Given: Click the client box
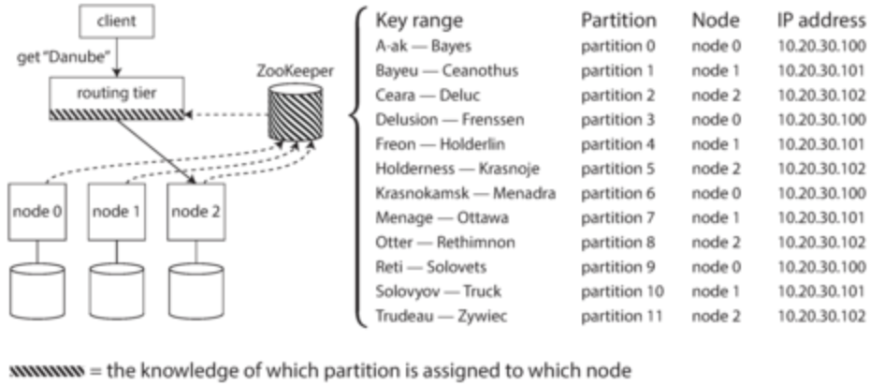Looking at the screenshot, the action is click(x=117, y=22).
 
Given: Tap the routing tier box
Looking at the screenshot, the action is click(x=117, y=98).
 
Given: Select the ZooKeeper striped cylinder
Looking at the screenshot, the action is click(x=296, y=112).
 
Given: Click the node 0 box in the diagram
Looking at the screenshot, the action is click(x=37, y=212).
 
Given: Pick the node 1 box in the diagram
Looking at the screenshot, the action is click(x=117, y=212).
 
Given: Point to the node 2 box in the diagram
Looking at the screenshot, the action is click(x=196, y=212).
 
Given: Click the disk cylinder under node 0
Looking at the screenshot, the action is click(x=37, y=291).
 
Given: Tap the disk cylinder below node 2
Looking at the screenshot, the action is click(x=196, y=291).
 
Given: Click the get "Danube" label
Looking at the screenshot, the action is click(x=64, y=58).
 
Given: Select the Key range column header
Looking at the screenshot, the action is click(x=419, y=21).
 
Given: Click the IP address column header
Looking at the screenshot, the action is click(x=821, y=21).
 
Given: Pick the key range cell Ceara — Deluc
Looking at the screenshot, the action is click(x=428, y=95).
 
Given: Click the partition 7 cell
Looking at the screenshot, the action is click(x=617, y=217).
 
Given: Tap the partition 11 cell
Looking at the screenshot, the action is click(x=621, y=316).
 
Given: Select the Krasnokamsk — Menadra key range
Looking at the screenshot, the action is click(x=466, y=193).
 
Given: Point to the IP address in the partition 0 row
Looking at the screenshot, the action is click(x=821, y=46).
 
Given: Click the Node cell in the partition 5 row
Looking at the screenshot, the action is click(x=716, y=169).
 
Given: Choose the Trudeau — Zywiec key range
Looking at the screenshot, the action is click(x=442, y=316).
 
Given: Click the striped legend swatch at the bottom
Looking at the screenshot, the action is click(x=47, y=371).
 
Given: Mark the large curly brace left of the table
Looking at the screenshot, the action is click(x=358, y=168).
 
